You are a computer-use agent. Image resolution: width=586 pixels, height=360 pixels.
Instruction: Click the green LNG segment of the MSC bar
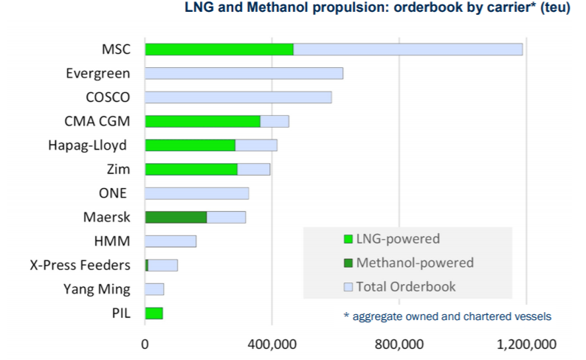[218, 49]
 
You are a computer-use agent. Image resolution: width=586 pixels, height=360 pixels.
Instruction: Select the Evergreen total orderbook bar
[244, 74]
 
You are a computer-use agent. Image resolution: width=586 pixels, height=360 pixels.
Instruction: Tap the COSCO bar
[238, 97]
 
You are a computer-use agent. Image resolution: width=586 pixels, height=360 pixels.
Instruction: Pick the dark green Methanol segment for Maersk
[176, 217]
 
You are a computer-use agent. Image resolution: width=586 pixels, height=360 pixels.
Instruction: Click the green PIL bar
[154, 314]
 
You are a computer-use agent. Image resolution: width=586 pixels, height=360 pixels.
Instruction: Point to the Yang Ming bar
[154, 289]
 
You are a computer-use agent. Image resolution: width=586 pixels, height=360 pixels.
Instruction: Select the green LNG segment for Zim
[191, 169]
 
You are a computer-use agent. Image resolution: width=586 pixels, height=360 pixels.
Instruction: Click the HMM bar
[170, 241]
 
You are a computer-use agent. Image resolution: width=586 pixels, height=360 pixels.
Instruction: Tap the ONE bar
[196, 193]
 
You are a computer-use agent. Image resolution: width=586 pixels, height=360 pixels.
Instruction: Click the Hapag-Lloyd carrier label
[83, 145]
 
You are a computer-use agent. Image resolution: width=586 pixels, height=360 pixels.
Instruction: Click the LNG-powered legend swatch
[348, 239]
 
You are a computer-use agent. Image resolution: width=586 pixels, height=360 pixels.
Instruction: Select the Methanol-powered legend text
[415, 263]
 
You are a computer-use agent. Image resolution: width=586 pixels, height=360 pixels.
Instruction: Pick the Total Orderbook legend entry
[405, 287]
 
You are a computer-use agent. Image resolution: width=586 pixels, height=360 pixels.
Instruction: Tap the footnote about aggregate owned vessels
[447, 316]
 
